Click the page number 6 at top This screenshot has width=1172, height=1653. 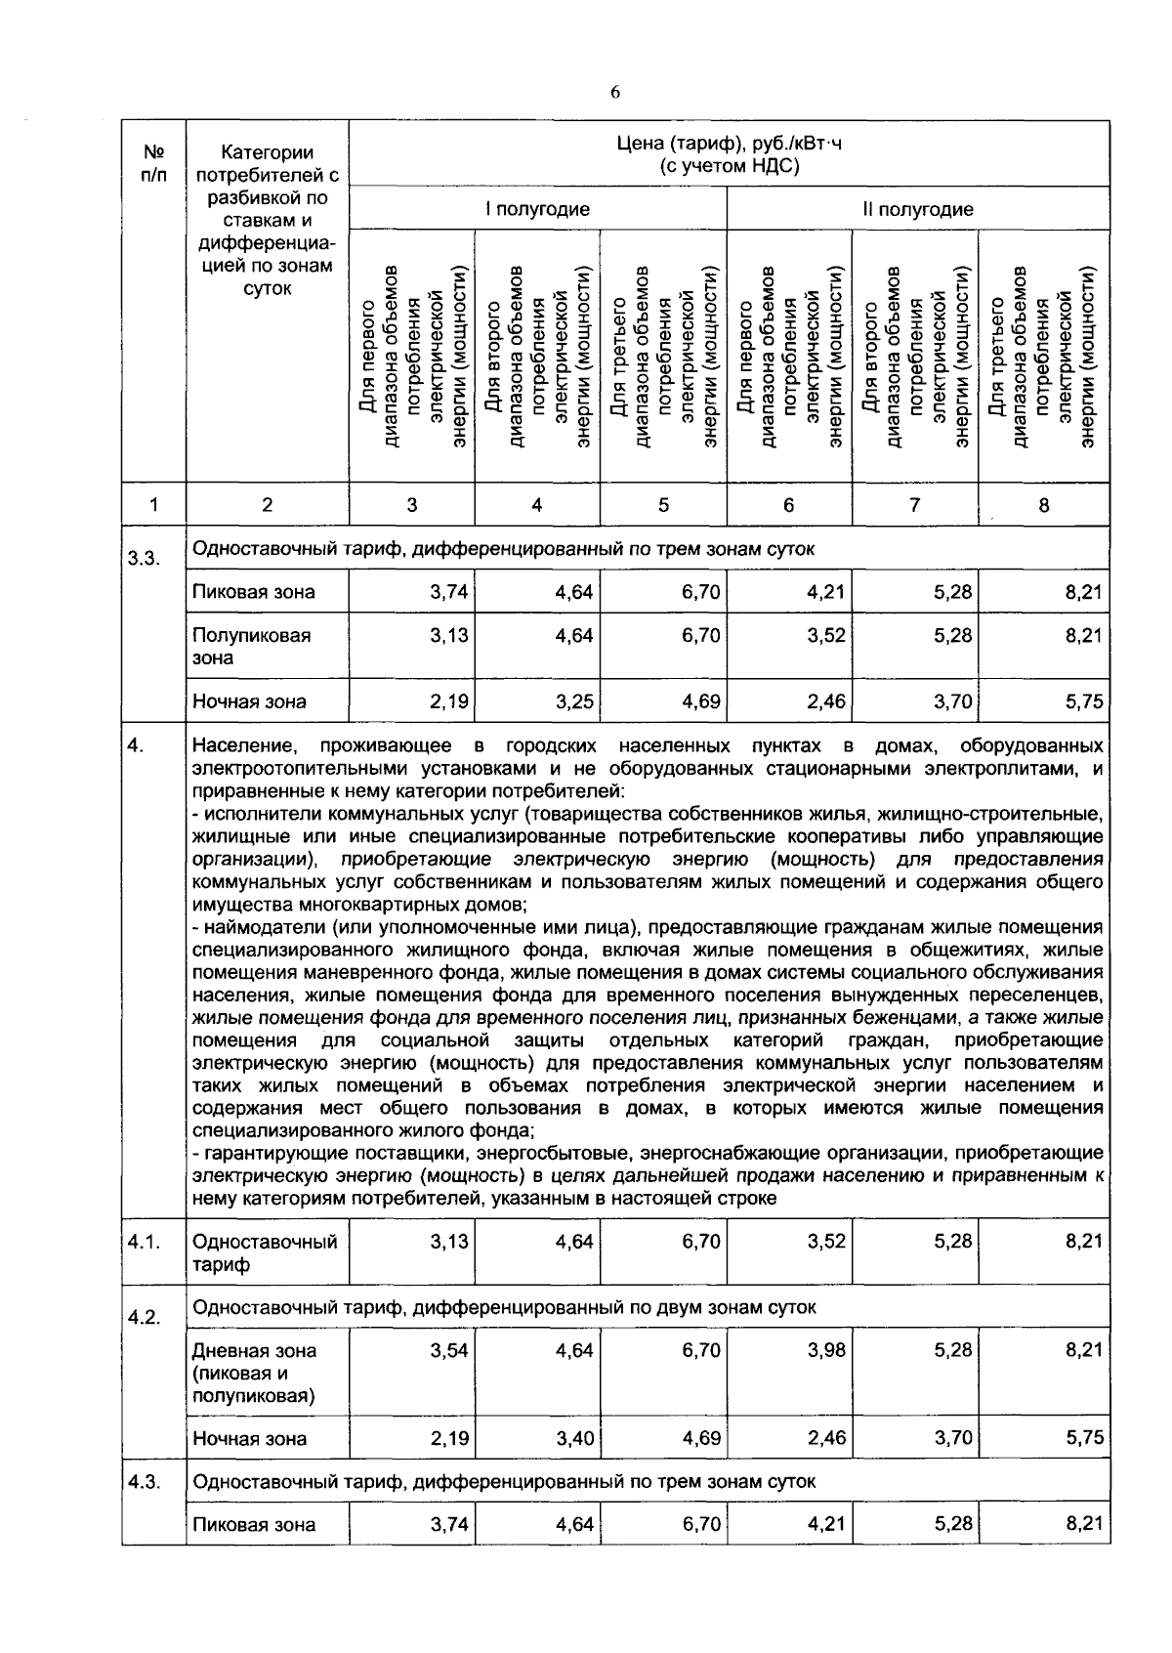coord(614,93)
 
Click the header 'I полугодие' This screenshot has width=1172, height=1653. coord(537,209)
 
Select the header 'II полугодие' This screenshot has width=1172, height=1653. coord(917,209)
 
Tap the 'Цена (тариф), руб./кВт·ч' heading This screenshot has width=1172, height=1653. coord(729,145)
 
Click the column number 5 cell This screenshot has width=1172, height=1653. coord(663,505)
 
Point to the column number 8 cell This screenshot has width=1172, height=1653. coord(1043,505)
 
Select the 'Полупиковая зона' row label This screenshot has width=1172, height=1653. coord(251,646)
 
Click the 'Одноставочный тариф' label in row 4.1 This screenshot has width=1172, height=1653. coord(265,1253)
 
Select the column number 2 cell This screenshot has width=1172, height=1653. coord(267,505)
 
